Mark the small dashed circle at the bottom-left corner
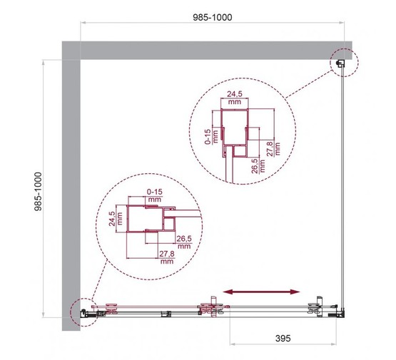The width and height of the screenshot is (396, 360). [x=83, y=312]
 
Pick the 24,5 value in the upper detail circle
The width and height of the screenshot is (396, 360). [x=234, y=95]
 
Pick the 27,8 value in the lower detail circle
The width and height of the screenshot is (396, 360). [x=166, y=257]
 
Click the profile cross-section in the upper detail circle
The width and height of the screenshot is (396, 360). [x=235, y=135]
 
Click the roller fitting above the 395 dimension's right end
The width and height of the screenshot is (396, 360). [x=315, y=309]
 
